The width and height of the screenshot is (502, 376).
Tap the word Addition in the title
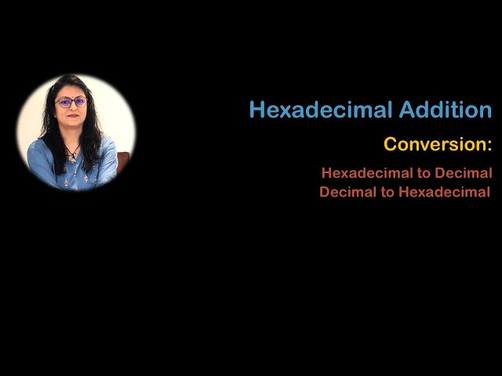coord(446,110)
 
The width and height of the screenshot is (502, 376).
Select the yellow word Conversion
coord(434,145)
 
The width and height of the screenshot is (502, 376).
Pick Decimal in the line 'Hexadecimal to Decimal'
coord(463,172)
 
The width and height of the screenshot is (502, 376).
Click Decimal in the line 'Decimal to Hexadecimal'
coord(348,192)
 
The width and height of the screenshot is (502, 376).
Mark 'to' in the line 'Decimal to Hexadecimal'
coord(388,193)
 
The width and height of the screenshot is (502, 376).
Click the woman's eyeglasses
coord(71,103)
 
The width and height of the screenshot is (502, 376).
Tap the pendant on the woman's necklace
coord(73,156)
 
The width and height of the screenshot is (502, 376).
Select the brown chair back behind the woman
coord(122,161)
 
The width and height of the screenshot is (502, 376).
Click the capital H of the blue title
coord(256,110)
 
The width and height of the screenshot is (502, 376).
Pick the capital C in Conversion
coord(390,145)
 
